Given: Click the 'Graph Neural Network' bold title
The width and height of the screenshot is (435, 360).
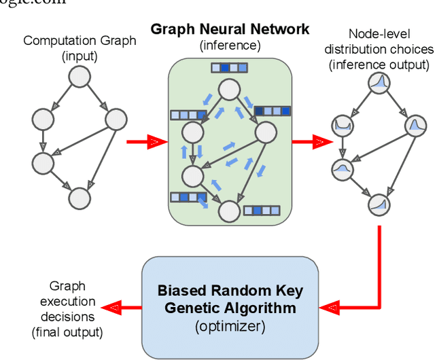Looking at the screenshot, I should point(230,29).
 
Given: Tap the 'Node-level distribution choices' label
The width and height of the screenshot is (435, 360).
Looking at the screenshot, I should point(379,49).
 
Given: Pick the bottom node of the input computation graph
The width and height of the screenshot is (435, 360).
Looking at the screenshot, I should point(80,198).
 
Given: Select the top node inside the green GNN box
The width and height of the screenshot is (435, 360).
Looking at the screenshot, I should point(229,88).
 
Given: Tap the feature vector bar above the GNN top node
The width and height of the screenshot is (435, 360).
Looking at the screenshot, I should point(224,68).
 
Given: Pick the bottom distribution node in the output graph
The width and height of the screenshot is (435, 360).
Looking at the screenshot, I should point(378,203).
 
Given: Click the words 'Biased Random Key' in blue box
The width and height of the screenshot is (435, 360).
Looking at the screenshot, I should point(230,291).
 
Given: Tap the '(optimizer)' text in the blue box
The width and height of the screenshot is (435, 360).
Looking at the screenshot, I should point(230,325).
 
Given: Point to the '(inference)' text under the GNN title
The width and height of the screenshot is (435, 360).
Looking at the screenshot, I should point(230,45).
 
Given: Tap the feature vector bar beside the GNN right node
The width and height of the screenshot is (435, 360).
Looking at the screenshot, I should point(272,111).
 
